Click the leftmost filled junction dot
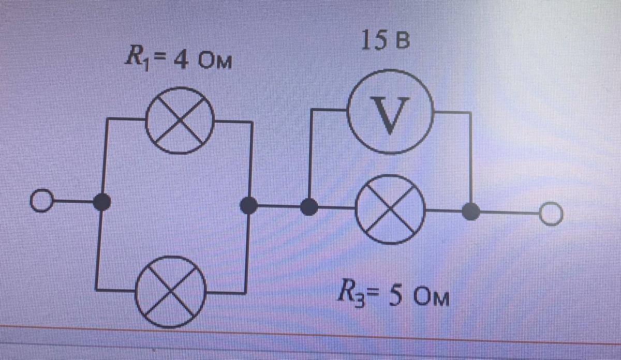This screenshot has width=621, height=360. [102, 202]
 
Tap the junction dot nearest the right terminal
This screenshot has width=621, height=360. [470, 212]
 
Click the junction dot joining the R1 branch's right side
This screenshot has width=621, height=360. [249, 205]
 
